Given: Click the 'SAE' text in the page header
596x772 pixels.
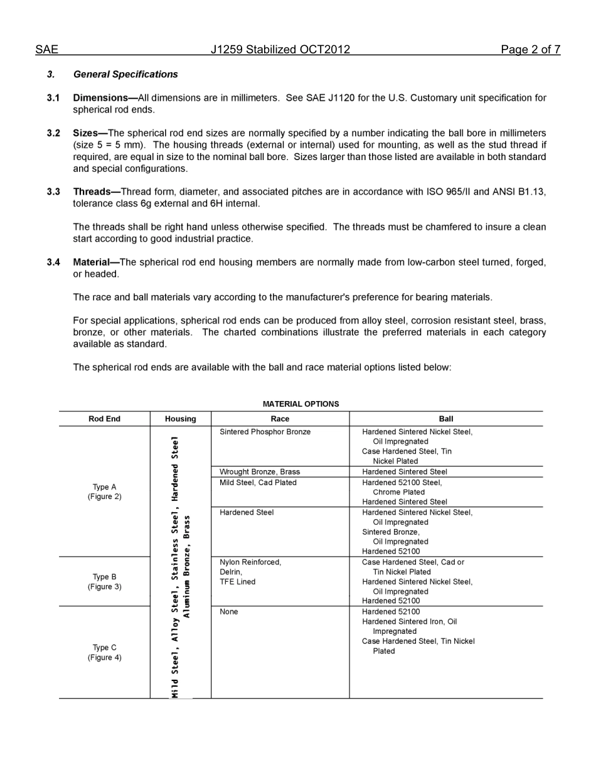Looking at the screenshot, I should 46,50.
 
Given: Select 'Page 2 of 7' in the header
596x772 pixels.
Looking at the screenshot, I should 530,50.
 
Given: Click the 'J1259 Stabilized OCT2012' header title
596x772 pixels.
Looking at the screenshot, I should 280,50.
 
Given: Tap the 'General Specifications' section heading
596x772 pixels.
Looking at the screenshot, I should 125,74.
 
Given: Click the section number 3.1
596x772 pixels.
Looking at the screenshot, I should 53,98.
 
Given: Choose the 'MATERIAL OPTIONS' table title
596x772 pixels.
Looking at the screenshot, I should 301,404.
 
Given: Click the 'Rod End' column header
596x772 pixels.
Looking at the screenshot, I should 104,419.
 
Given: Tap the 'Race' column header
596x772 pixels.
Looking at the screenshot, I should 280,419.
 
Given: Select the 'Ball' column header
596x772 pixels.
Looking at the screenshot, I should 446,419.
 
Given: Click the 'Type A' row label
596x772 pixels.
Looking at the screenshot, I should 104,487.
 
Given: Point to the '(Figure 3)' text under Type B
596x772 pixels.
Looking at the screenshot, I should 104,587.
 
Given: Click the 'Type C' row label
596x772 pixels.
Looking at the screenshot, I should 104,648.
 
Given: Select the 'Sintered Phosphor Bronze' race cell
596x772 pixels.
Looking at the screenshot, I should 265,432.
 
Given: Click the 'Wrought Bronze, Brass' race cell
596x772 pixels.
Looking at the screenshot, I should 260,472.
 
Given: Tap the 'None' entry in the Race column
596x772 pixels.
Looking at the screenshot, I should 229,612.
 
